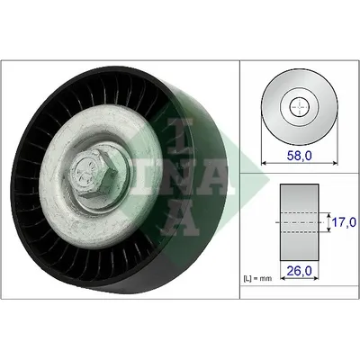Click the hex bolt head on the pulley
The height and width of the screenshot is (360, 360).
coord(94,174)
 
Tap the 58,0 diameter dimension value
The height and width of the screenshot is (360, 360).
coord(300,156)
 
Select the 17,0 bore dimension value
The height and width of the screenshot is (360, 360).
coord(345,222)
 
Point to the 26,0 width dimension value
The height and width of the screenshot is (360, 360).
coord(300,271)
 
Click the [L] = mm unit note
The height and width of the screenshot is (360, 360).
coord(257,278)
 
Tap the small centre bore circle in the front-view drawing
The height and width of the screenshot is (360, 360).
coord(300,106)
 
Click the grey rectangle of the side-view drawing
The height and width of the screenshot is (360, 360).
coord(300,222)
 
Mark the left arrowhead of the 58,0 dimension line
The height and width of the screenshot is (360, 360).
coord(264,163)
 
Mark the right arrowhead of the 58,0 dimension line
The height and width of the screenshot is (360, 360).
coord(335,163)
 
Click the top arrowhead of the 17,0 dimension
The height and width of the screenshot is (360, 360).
coord(328,215)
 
